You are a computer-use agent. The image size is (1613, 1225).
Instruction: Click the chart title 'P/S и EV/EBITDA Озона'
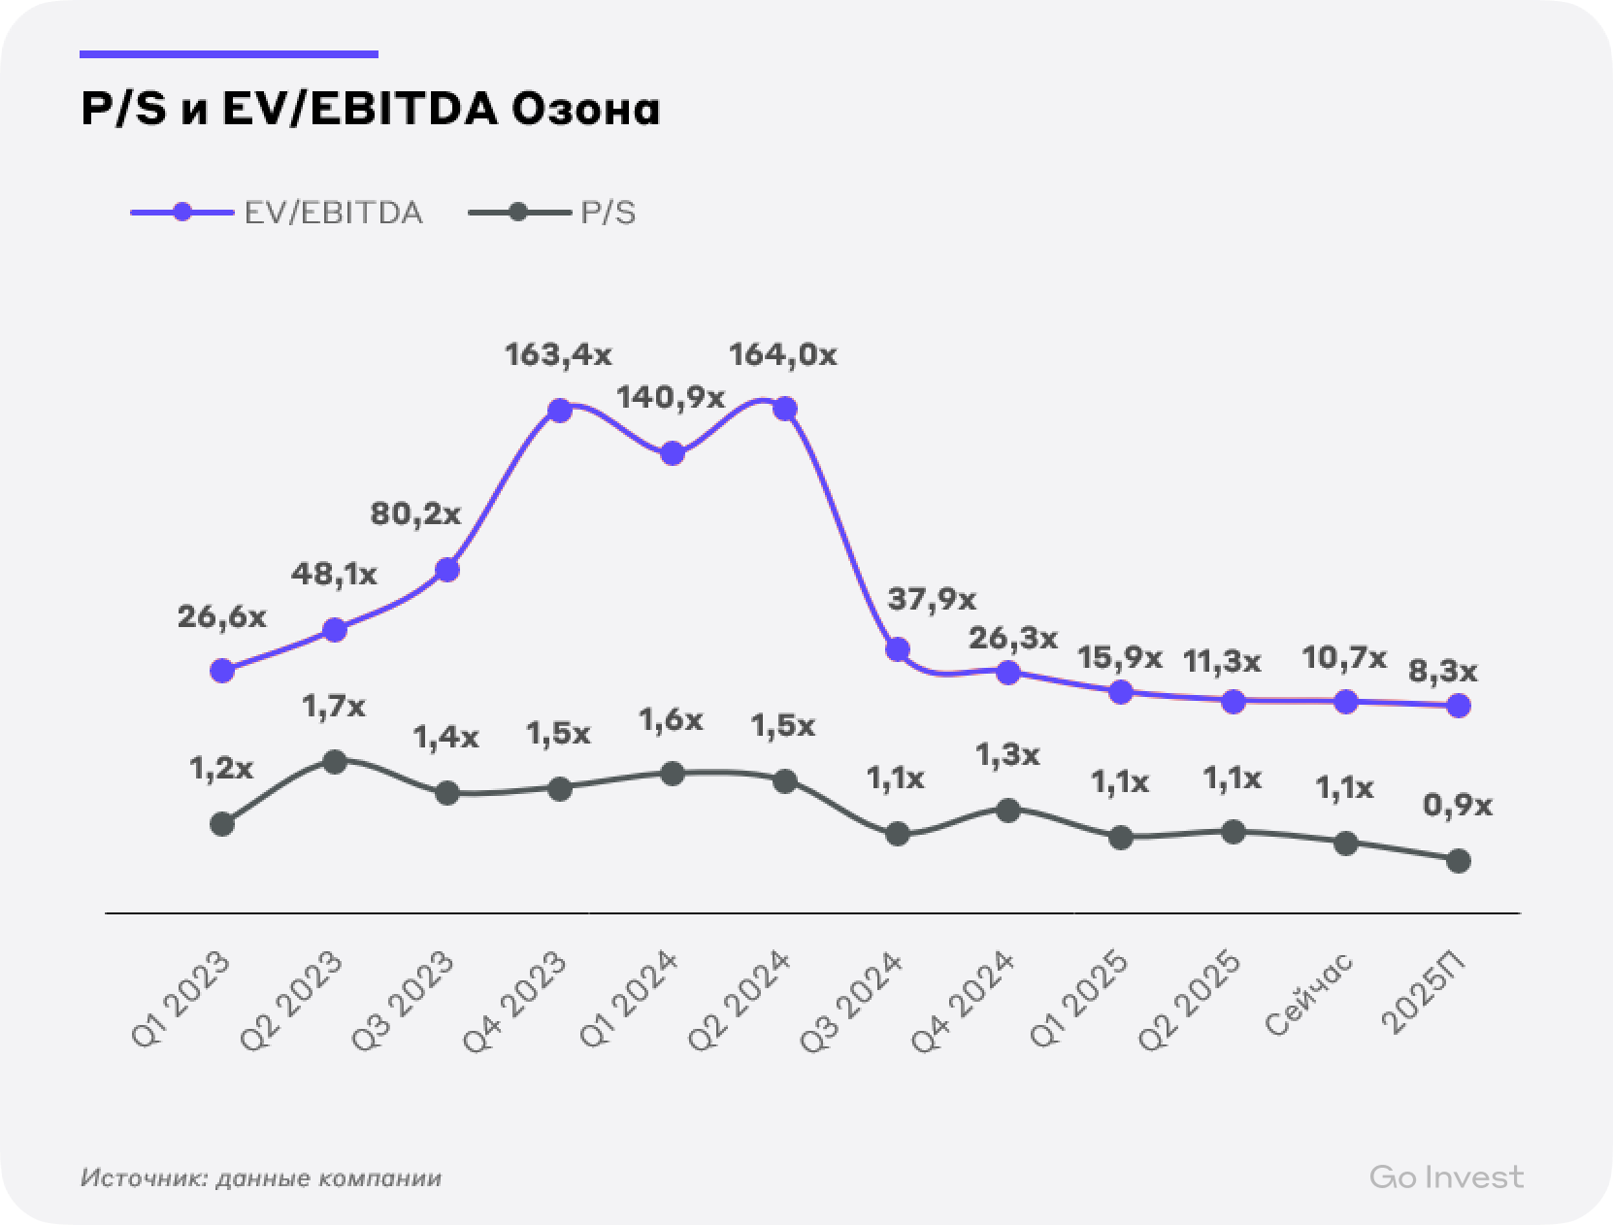(x=370, y=111)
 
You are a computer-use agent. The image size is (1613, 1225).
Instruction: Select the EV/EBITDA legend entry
(x=278, y=213)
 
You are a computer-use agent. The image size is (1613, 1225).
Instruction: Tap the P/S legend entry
(x=553, y=213)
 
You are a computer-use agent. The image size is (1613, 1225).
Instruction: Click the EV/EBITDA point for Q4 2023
(x=559, y=411)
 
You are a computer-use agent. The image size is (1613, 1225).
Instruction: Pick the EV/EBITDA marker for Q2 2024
(x=785, y=410)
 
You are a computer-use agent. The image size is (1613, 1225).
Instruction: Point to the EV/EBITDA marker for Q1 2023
(x=222, y=670)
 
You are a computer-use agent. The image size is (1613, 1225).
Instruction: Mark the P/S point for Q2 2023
(x=335, y=762)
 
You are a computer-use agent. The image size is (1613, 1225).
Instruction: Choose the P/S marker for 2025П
(x=1458, y=861)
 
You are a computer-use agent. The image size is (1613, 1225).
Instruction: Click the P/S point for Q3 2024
(x=898, y=834)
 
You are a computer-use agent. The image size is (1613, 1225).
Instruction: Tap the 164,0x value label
(x=782, y=355)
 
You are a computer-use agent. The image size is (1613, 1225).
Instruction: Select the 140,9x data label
(x=671, y=397)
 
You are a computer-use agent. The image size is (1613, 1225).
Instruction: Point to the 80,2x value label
(x=415, y=513)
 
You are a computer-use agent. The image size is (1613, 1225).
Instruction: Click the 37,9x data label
(x=932, y=599)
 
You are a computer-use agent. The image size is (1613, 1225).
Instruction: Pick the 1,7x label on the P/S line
(x=333, y=707)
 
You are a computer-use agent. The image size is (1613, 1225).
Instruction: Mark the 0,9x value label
(x=1458, y=806)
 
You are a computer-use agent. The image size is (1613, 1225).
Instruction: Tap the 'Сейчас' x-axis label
(x=1311, y=994)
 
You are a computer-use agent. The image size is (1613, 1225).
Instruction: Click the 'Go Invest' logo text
(x=1446, y=1177)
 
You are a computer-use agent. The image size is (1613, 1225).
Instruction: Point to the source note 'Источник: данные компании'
(x=261, y=1178)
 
